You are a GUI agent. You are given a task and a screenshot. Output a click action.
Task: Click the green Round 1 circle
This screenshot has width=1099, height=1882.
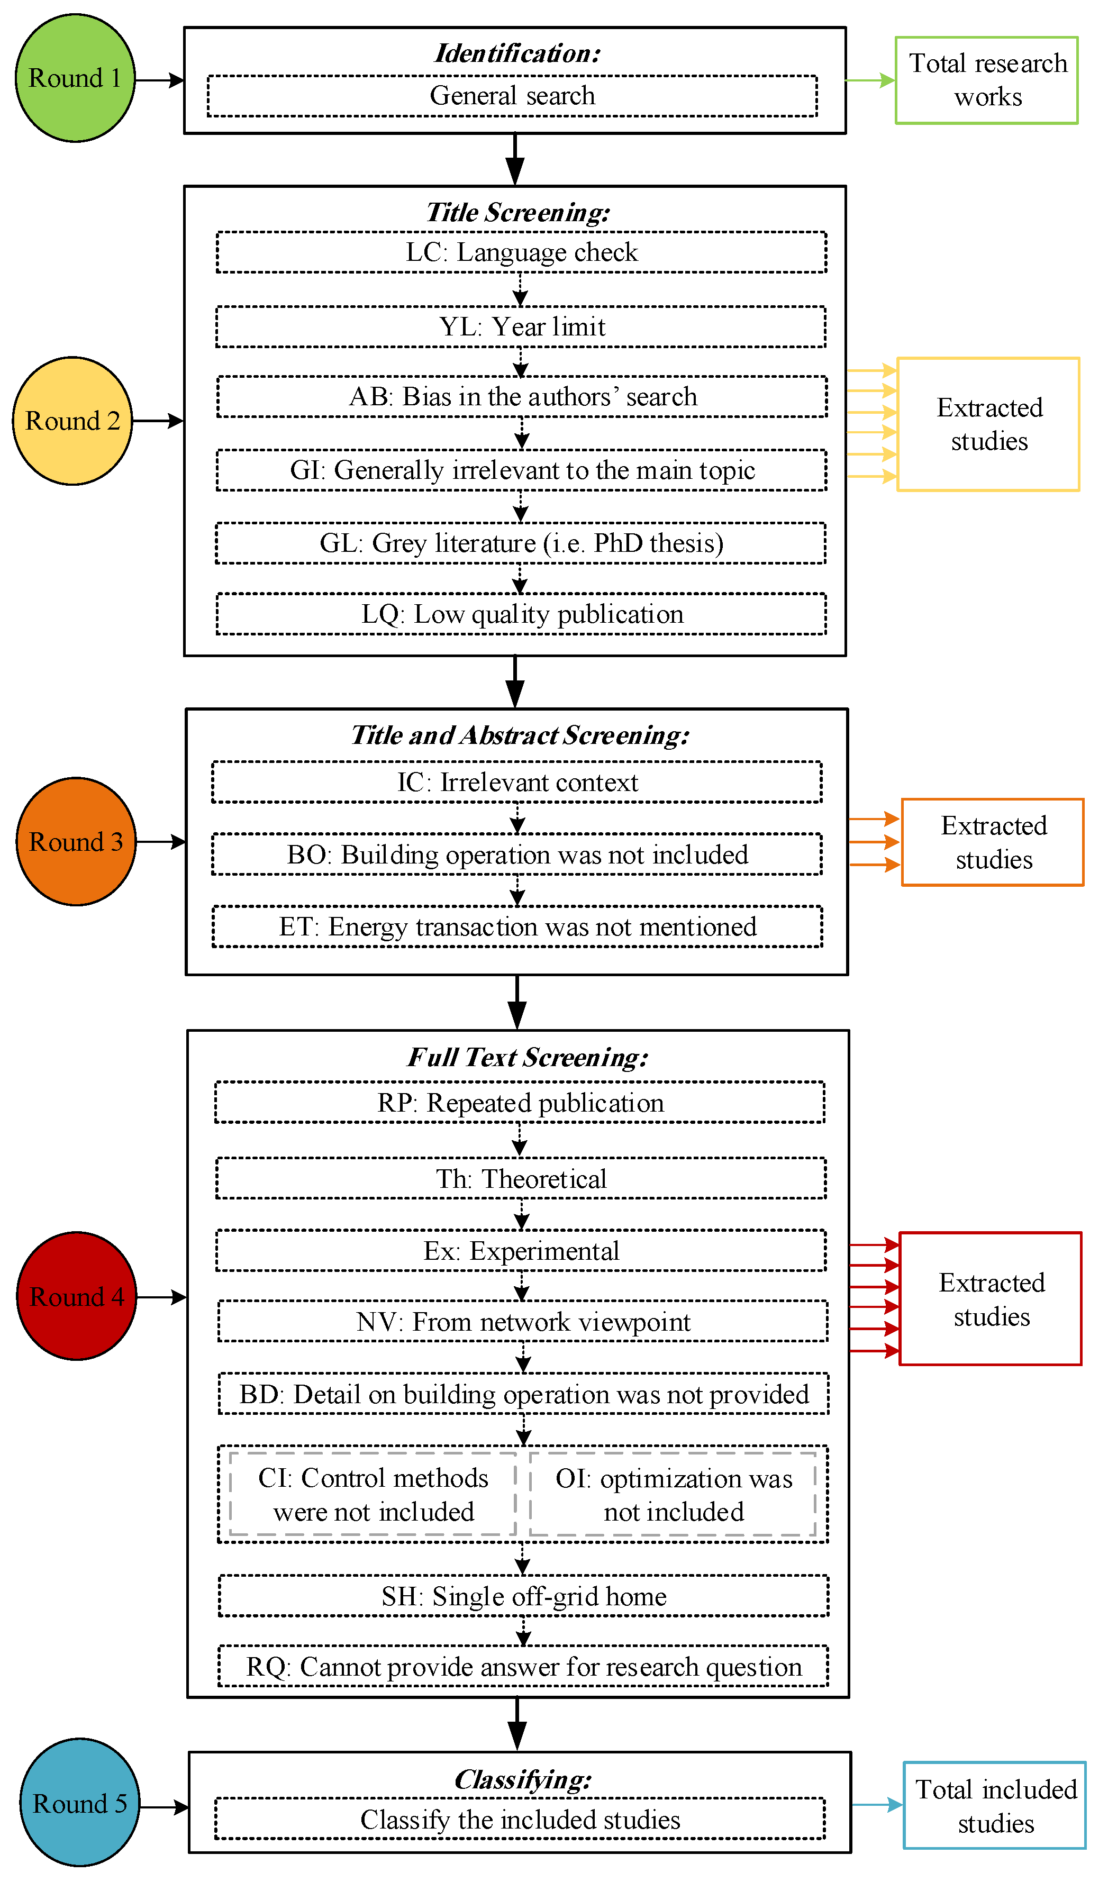[x=75, y=78]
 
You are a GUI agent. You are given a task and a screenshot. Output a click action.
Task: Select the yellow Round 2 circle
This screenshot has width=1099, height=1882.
[x=72, y=421]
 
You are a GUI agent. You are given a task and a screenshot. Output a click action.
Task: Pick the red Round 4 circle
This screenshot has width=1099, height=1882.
[x=76, y=1296]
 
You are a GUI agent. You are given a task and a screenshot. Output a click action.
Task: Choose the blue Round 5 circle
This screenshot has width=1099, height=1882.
[x=79, y=1802]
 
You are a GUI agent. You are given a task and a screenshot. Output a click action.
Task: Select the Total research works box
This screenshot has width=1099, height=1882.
[x=986, y=80]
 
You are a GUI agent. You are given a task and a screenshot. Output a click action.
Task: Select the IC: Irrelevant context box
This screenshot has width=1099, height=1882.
[x=516, y=782]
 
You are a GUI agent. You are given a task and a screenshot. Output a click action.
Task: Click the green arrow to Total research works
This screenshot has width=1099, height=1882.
[x=870, y=80]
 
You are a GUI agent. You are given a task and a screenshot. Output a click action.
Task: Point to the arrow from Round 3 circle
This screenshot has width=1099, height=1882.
[x=161, y=842]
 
